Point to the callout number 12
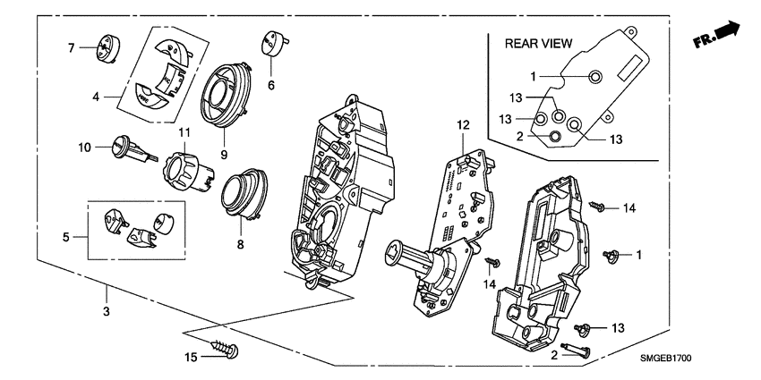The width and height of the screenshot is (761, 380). coord(464,124)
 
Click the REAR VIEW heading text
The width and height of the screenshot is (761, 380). coord(538,43)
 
